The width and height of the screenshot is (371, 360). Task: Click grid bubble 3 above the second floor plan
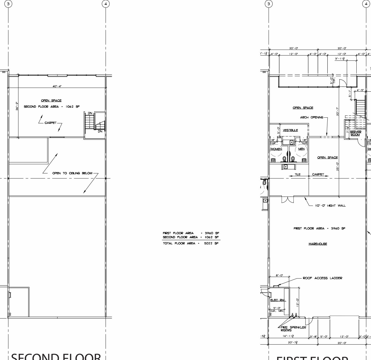9,4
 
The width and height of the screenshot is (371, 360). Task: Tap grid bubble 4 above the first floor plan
366,4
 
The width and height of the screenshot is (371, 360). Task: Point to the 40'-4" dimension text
57,86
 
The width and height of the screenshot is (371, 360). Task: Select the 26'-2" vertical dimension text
17,106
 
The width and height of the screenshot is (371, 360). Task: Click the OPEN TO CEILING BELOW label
72,173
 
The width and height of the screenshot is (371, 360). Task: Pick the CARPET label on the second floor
51,123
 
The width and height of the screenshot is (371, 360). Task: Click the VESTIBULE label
290,130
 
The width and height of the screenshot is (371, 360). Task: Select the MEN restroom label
301,149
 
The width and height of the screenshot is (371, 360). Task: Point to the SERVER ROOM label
355,133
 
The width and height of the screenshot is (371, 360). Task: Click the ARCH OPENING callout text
312,117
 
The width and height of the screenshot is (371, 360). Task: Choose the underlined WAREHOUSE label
318,244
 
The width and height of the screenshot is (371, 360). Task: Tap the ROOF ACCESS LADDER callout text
322,278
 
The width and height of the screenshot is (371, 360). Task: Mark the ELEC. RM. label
278,300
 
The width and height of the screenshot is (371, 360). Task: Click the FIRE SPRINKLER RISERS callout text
293,329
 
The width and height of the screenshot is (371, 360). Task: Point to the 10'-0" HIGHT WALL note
330,206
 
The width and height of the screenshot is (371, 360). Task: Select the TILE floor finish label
297,174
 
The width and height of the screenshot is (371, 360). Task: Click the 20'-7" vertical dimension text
338,112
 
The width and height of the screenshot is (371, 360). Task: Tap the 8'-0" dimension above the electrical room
279,275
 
